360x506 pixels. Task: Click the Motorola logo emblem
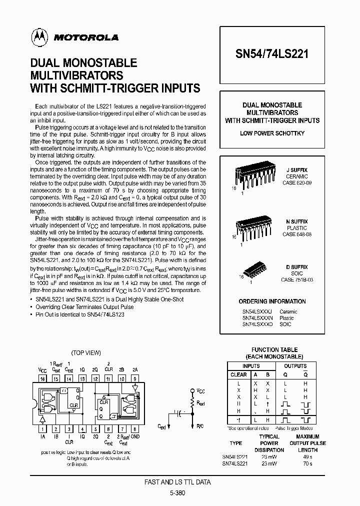37,36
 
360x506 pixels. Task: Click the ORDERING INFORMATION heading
272,301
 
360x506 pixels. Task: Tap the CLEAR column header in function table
238,374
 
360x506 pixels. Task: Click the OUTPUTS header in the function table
295,365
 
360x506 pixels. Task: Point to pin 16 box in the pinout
42,379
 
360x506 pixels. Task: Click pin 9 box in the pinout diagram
134,379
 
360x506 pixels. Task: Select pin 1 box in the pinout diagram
42,428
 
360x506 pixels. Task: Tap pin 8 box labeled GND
134,428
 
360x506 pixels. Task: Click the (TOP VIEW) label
86,352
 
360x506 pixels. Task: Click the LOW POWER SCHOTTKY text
272,133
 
